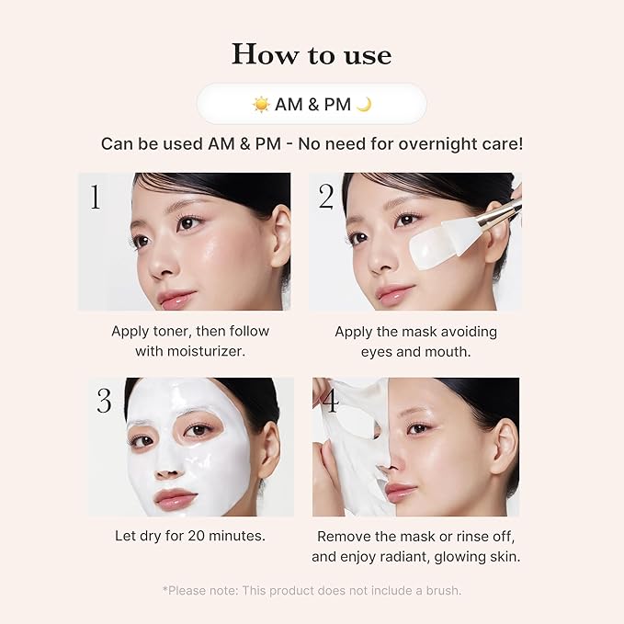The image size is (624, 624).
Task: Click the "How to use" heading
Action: (x=312, y=54)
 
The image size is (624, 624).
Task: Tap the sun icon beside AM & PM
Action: (x=261, y=104)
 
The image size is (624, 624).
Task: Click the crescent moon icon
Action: (x=365, y=104)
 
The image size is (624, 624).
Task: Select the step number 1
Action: (x=95, y=197)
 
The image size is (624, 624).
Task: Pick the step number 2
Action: (x=325, y=197)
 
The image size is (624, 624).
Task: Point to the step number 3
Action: (x=105, y=401)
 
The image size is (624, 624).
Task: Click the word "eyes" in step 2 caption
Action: (x=379, y=351)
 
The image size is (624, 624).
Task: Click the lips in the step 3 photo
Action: (x=175, y=498)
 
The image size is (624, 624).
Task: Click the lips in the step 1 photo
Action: (x=176, y=299)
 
